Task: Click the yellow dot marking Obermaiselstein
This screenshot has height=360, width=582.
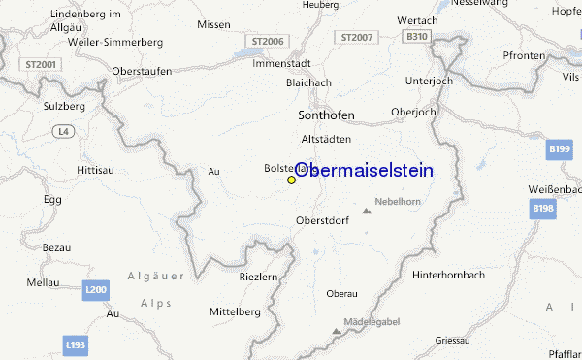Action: (x=291, y=180)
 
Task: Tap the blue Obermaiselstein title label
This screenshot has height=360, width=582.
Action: (x=364, y=170)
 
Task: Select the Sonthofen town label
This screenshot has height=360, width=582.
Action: (x=325, y=115)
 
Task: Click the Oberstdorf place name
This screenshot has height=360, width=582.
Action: (x=322, y=220)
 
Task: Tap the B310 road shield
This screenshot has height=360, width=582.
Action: (x=417, y=37)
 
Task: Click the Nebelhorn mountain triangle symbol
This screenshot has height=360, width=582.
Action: (x=367, y=210)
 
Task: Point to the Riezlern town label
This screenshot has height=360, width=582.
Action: (x=257, y=278)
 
